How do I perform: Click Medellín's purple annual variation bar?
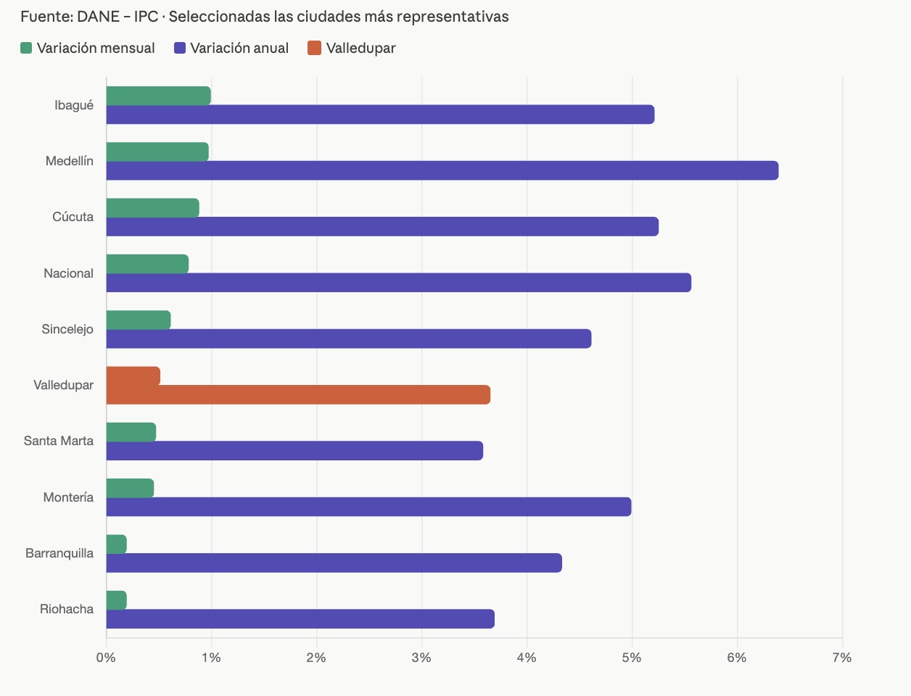(x=442, y=170)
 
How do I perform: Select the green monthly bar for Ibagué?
(x=158, y=96)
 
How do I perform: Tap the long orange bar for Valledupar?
(x=298, y=395)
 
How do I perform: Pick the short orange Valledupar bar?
(x=133, y=376)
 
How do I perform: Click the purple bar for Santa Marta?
(x=294, y=451)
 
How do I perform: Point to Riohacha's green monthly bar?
(x=117, y=600)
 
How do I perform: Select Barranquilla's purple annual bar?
(x=334, y=563)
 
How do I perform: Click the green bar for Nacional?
(x=147, y=264)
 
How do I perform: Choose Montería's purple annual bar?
(x=368, y=507)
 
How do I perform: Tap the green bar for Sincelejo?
(x=139, y=320)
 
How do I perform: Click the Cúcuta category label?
(x=73, y=217)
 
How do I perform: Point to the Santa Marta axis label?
(x=58, y=441)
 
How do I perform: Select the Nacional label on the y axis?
(x=68, y=273)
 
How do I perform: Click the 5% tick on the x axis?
(x=632, y=658)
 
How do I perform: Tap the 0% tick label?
(x=106, y=658)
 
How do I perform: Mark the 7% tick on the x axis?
(x=842, y=658)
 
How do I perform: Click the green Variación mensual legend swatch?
(x=26, y=49)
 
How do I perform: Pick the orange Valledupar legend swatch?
(x=314, y=49)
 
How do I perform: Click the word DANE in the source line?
(x=98, y=17)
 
